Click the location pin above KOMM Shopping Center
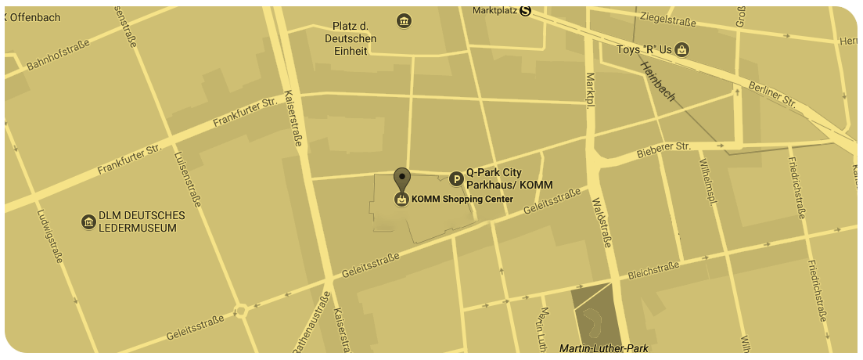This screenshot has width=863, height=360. click(x=401, y=178)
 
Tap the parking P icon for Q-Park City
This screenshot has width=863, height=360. click(x=455, y=179)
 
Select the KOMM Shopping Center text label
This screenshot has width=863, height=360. click(x=462, y=199)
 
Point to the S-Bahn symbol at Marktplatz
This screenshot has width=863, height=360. click(x=525, y=10)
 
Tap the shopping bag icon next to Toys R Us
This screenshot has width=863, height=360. click(x=683, y=50)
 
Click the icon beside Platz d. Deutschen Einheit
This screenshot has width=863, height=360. click(x=404, y=20)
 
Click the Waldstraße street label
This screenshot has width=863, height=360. click(x=601, y=221)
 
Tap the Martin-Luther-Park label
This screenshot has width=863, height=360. click(x=603, y=347)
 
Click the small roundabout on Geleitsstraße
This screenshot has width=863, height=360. click(x=241, y=311)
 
